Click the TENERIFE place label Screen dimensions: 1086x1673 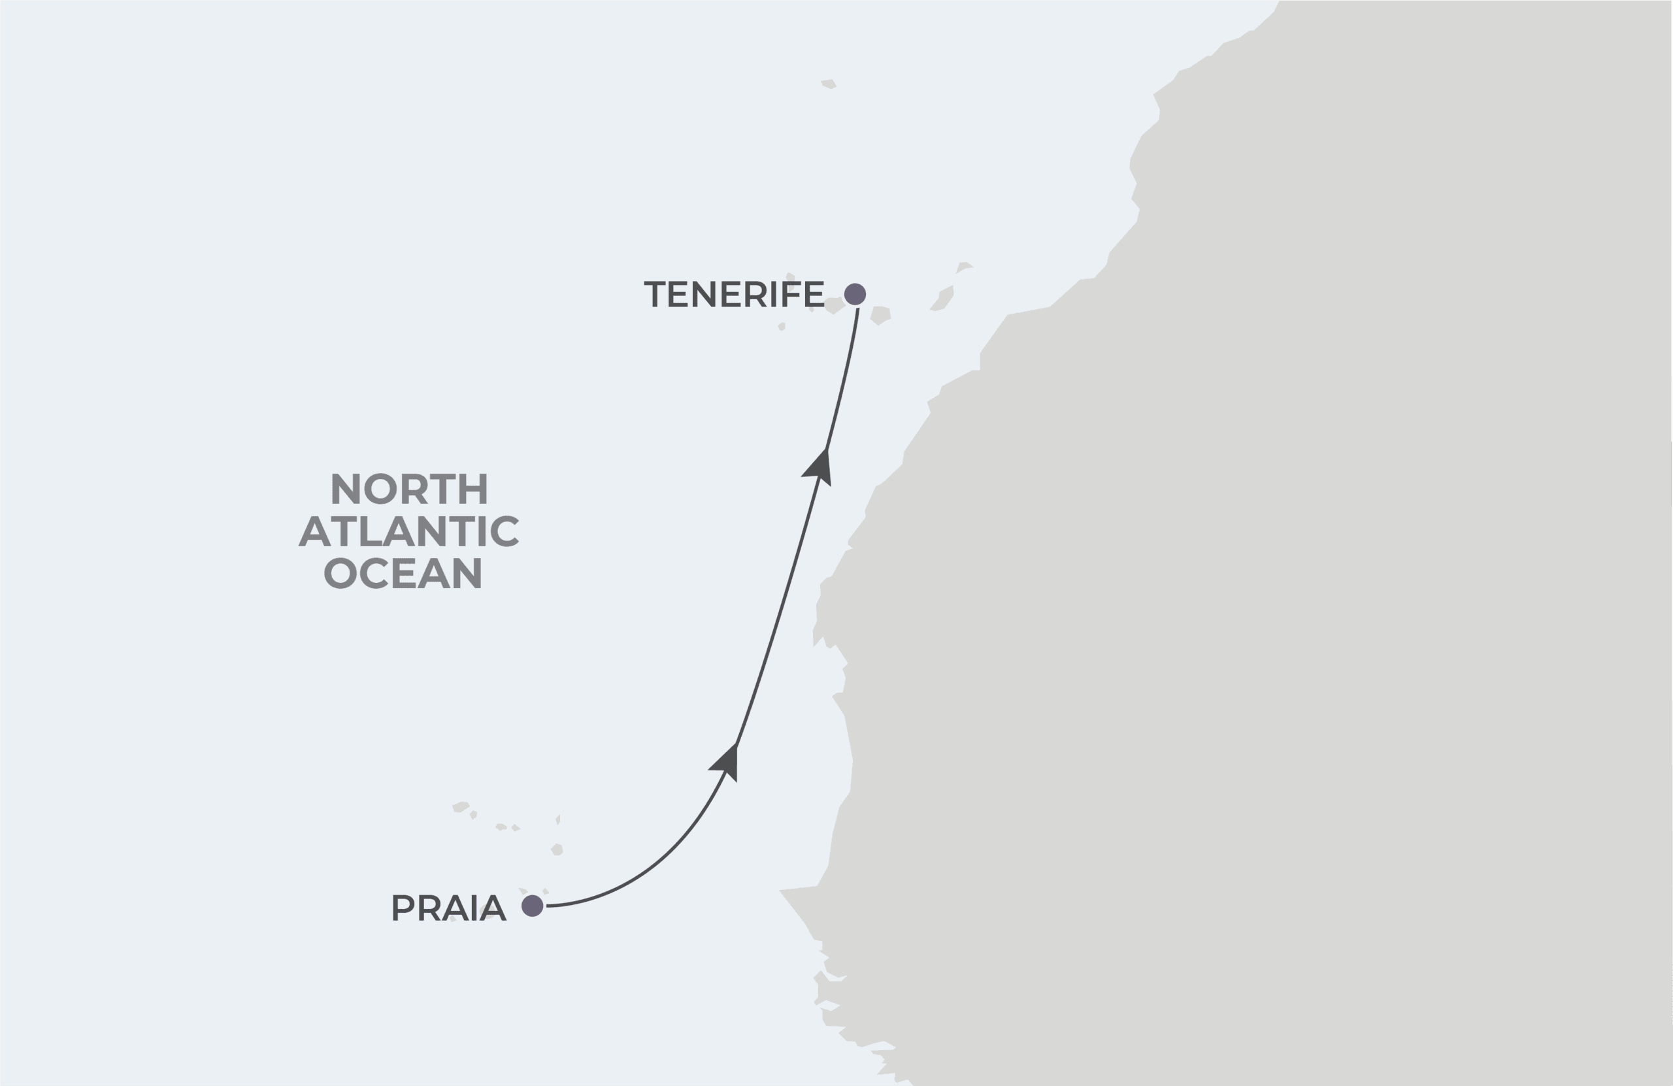[x=733, y=294]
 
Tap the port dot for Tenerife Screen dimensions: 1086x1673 [x=855, y=294]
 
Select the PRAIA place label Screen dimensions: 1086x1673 [x=448, y=908]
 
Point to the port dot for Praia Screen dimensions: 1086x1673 [x=532, y=906]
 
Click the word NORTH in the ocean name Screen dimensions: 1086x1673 [x=409, y=489]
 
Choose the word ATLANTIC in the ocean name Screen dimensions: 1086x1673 [x=408, y=531]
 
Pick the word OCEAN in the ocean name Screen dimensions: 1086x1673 [x=403, y=574]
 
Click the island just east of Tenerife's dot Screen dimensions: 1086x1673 [x=881, y=314]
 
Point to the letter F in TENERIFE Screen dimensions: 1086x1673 [x=791, y=294]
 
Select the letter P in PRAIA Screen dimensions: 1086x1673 [x=403, y=908]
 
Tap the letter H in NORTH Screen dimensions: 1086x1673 [x=474, y=489]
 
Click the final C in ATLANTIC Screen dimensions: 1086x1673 [x=506, y=531]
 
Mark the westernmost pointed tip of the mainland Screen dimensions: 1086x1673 [x=780, y=891]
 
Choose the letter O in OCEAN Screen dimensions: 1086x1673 [x=340, y=574]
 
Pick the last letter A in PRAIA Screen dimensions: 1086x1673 [x=493, y=908]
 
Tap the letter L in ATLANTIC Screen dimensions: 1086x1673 [x=373, y=531]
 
